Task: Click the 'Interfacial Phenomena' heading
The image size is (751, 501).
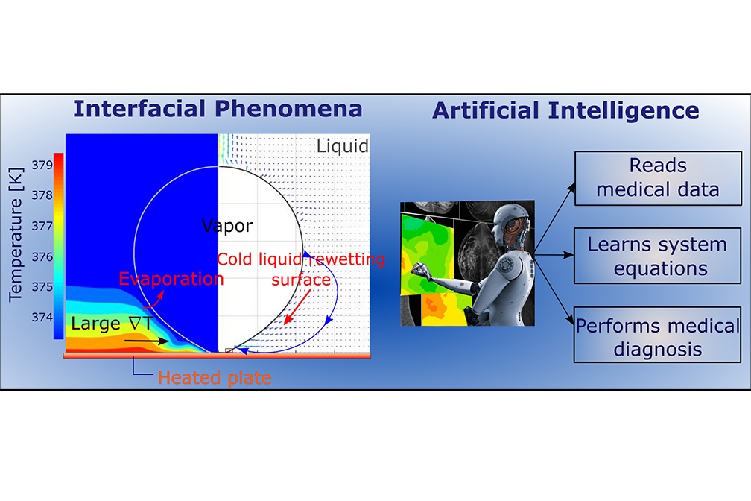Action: coord(218,110)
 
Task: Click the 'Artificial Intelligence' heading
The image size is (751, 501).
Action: coord(565,111)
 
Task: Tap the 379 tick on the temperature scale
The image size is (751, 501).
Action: coord(42,165)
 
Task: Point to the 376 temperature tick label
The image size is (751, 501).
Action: coord(42,257)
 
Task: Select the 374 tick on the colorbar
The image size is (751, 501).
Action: coord(42,317)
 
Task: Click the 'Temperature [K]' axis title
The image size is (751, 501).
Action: coord(16,234)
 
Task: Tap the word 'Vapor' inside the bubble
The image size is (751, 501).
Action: coord(227,226)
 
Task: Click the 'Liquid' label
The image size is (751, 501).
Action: coord(343,146)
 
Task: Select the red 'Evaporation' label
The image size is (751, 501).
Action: coord(171,279)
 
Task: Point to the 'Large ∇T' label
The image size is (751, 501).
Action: coord(112,324)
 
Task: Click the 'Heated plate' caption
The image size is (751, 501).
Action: coord(215,378)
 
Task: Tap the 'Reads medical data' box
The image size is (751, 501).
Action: coord(658,178)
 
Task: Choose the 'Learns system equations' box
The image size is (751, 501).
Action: coord(658,256)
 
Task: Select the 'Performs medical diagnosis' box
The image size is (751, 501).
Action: coord(658,335)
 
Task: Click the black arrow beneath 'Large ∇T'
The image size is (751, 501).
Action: coord(147,341)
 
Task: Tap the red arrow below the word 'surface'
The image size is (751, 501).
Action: coord(297,307)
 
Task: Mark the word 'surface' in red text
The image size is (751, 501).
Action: coord(301,280)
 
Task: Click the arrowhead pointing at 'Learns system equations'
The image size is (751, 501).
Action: coord(568,255)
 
